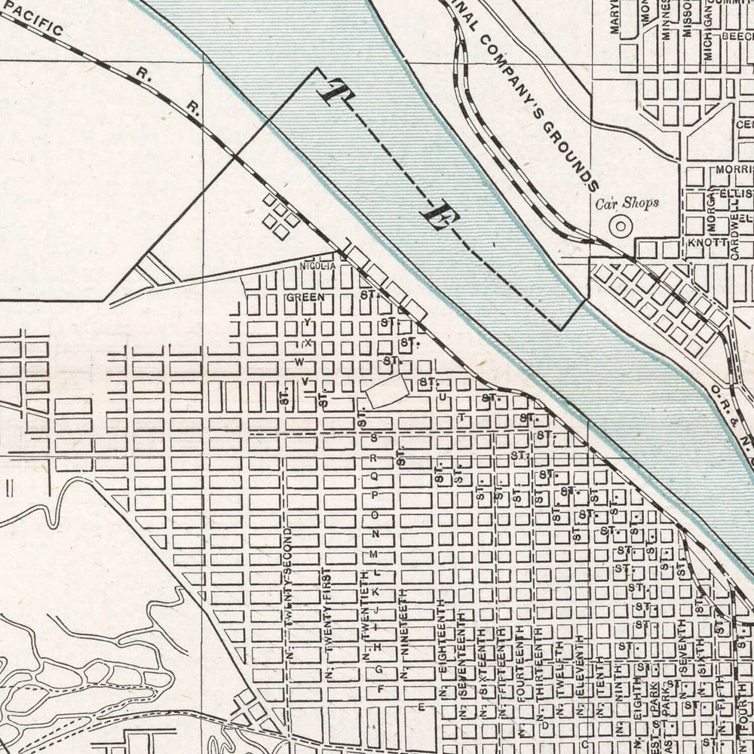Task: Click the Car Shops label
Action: coord(627,203)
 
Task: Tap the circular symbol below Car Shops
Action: coord(621,225)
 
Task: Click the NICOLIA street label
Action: coord(316,265)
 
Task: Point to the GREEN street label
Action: coord(305,297)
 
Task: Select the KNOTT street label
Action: coord(706,244)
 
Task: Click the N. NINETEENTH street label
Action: coord(405,634)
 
